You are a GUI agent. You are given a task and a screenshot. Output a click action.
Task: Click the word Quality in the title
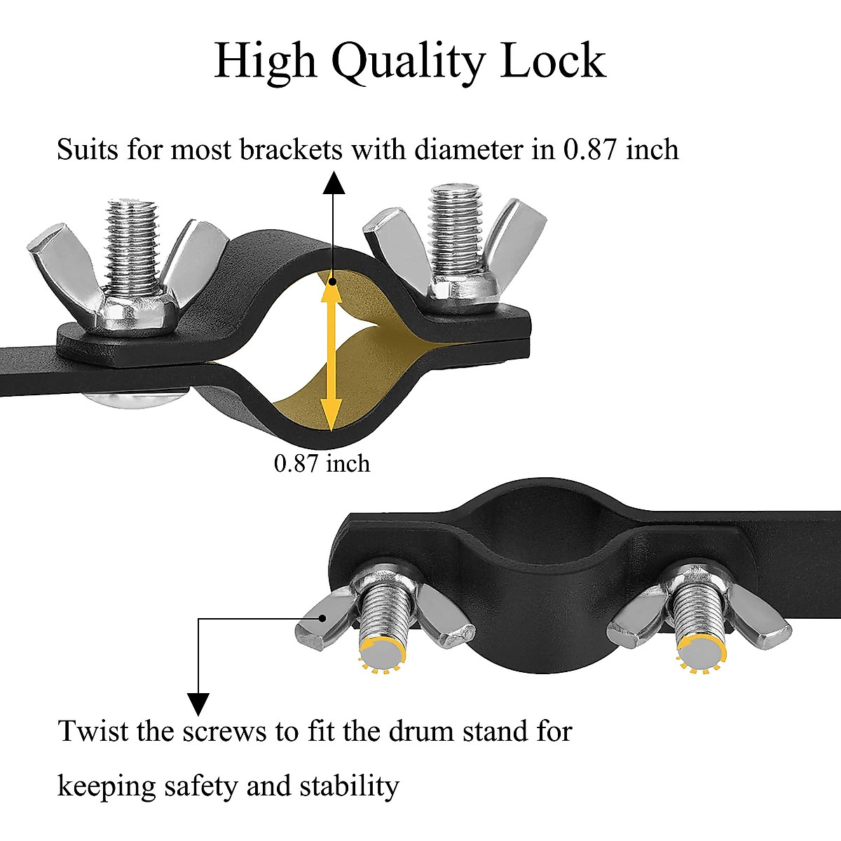[407, 62]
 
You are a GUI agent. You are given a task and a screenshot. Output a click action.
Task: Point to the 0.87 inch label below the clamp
[322, 463]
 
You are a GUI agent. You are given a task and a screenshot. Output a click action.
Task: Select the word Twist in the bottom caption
[93, 732]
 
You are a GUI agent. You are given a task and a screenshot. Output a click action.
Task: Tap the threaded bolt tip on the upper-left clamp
[132, 210]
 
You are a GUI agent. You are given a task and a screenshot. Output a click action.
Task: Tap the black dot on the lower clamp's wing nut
[323, 617]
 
